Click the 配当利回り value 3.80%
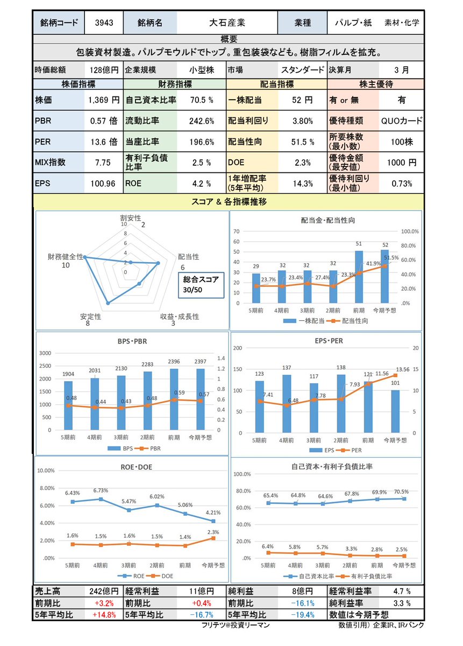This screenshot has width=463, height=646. click(x=302, y=121)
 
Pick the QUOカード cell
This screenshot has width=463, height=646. click(x=401, y=121)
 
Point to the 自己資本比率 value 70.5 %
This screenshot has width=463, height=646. click(x=202, y=100)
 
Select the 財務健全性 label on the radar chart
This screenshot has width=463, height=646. click(x=66, y=257)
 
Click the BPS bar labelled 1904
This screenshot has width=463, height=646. click(x=68, y=405)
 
